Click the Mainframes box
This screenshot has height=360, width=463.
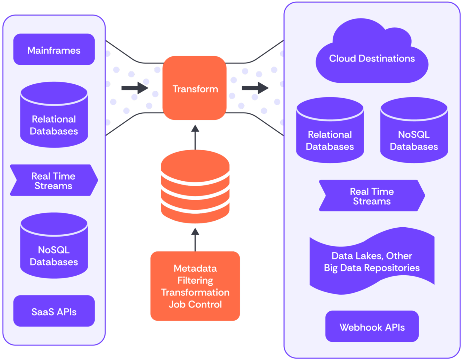(x=54, y=50)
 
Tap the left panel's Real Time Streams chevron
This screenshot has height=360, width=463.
(x=54, y=180)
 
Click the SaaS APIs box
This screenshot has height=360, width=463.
(x=54, y=311)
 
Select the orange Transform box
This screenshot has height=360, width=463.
(x=195, y=88)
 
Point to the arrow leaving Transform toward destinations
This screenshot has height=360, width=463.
(x=255, y=88)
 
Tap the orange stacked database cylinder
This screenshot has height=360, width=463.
(x=195, y=187)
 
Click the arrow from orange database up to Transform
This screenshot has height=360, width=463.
(x=195, y=137)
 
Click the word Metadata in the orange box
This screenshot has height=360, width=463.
(x=195, y=268)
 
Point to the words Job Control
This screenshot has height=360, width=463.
(x=195, y=304)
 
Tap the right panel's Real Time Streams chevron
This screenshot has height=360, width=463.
(x=372, y=196)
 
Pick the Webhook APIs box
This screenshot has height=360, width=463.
(x=372, y=327)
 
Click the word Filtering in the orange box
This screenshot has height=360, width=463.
(x=195, y=281)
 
